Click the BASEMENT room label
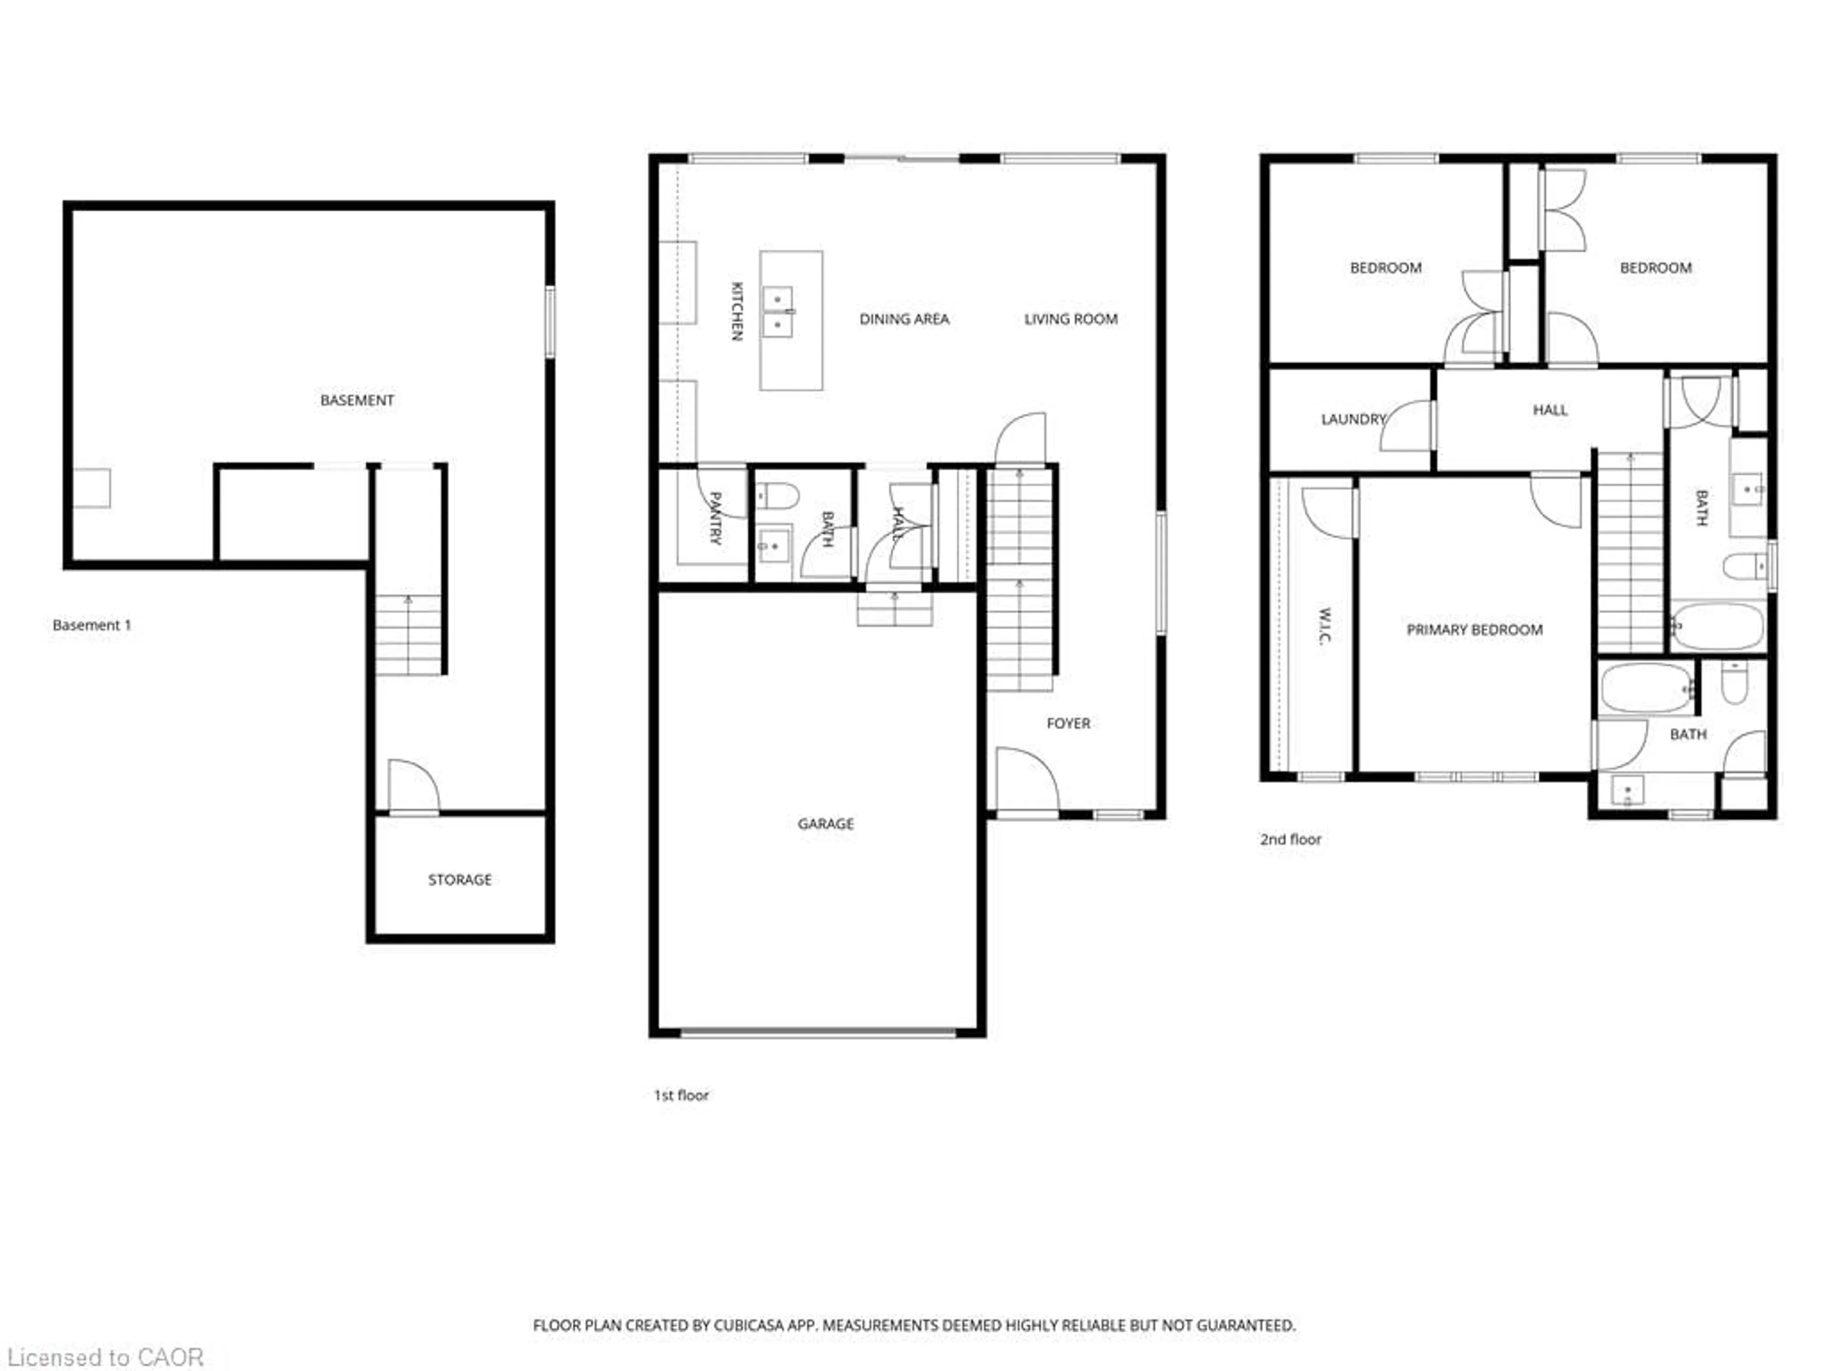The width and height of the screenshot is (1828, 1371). click(x=357, y=400)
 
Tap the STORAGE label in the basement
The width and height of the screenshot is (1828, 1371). click(x=459, y=879)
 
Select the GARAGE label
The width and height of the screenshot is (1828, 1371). click(x=825, y=823)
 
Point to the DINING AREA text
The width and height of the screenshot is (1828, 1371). click(x=904, y=319)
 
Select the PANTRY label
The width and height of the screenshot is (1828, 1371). click(x=715, y=518)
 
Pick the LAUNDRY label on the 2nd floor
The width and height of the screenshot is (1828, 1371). click(x=1353, y=419)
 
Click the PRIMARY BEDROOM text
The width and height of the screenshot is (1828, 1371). click(x=1474, y=630)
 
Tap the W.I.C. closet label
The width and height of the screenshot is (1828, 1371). click(x=1324, y=626)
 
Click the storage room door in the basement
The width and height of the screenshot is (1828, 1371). click(x=412, y=787)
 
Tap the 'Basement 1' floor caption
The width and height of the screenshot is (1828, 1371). click(x=92, y=625)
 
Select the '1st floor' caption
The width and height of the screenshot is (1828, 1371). click(x=681, y=1095)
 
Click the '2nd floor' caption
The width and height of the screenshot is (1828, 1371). click(x=1290, y=839)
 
